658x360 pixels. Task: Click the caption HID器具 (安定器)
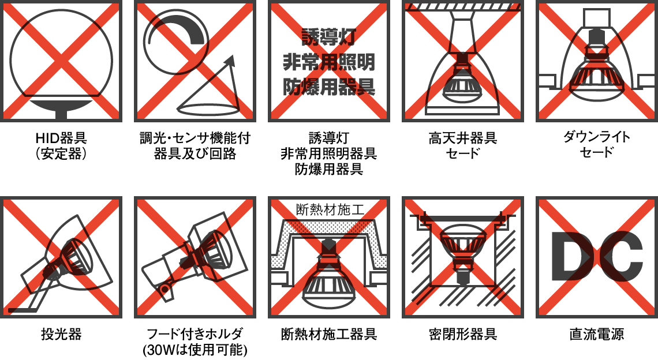(x=61, y=145)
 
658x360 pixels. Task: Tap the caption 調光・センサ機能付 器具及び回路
(x=195, y=145)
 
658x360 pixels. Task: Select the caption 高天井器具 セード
(x=463, y=145)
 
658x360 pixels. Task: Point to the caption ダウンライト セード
(x=597, y=145)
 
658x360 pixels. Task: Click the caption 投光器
(x=61, y=335)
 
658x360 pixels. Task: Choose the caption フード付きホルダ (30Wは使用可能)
(x=195, y=342)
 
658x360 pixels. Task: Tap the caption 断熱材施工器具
(x=329, y=335)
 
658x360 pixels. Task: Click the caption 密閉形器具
(x=463, y=335)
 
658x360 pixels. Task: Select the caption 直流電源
(x=597, y=335)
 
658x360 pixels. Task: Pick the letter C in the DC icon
(x=621, y=256)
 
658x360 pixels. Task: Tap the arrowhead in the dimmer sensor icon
(x=230, y=62)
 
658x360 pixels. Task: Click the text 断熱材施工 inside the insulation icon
(x=330, y=209)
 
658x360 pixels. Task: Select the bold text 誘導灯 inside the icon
(x=329, y=37)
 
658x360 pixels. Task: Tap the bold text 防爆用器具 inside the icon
(x=329, y=87)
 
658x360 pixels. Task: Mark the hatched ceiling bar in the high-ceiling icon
(x=463, y=7)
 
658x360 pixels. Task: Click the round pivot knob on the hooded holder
(x=165, y=289)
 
